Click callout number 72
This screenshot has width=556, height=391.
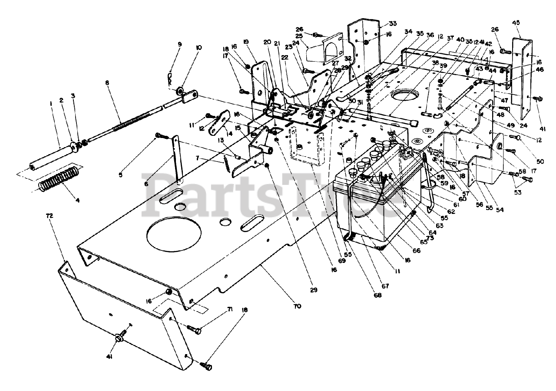49,216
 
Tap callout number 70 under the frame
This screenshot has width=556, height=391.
297,306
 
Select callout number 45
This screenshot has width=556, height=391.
516,23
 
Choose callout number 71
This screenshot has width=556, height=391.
230,309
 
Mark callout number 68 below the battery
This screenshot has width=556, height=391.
377,296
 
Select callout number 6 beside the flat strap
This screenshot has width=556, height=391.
146,184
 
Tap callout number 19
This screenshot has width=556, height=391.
246,42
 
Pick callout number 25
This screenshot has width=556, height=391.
298,36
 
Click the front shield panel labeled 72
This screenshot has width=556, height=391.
122,317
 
